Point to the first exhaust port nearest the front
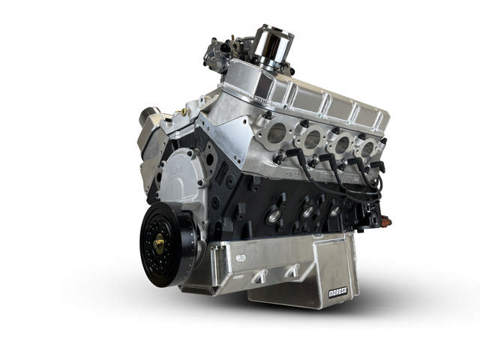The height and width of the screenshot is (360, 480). pyautogui.click(x=276, y=133)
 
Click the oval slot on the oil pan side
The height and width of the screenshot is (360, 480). pyautogui.click(x=240, y=257)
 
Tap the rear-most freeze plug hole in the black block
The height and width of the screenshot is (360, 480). pyautogui.click(x=335, y=211)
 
